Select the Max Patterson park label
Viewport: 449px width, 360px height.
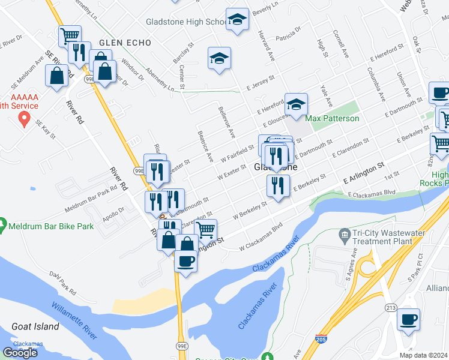332,118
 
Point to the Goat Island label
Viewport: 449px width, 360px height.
35,326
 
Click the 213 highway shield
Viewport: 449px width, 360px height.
391,307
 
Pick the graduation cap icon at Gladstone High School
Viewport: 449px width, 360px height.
238,20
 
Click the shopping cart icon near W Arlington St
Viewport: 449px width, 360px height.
206,229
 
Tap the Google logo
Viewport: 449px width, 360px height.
20,353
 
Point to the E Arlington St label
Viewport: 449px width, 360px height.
364,172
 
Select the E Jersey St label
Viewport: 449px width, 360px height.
260,83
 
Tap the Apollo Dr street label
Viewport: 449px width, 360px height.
112,211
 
